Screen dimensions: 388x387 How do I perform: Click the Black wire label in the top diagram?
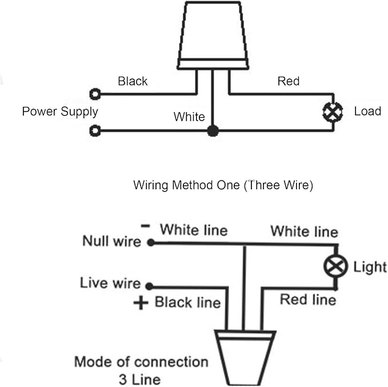click(x=133, y=81)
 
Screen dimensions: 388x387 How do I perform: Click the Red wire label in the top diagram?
click(x=289, y=81)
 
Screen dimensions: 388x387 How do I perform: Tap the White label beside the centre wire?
click(x=189, y=117)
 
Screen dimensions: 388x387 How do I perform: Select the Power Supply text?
click(x=60, y=111)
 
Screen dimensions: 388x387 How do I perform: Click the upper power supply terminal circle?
click(x=95, y=94)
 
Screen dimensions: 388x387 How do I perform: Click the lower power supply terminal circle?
click(x=95, y=130)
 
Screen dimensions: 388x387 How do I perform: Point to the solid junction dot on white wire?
click(x=213, y=131)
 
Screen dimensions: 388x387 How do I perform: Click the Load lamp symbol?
click(x=333, y=111)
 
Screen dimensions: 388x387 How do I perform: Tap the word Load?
click(x=367, y=111)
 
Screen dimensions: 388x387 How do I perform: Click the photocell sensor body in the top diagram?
click(x=213, y=35)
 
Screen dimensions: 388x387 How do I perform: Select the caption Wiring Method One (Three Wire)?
click(x=223, y=185)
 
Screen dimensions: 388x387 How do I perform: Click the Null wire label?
click(x=111, y=241)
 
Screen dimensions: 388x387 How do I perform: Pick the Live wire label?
click(x=110, y=283)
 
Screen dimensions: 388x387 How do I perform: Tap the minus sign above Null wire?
click(x=145, y=226)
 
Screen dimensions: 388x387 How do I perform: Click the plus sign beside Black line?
click(x=141, y=302)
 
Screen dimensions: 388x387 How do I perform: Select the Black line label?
click(x=187, y=302)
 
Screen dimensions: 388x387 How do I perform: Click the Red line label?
click(x=308, y=300)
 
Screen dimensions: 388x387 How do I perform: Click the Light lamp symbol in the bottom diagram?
click(x=335, y=266)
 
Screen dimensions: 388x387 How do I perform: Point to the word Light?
click(x=370, y=268)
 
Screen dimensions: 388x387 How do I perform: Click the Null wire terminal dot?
click(x=151, y=242)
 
